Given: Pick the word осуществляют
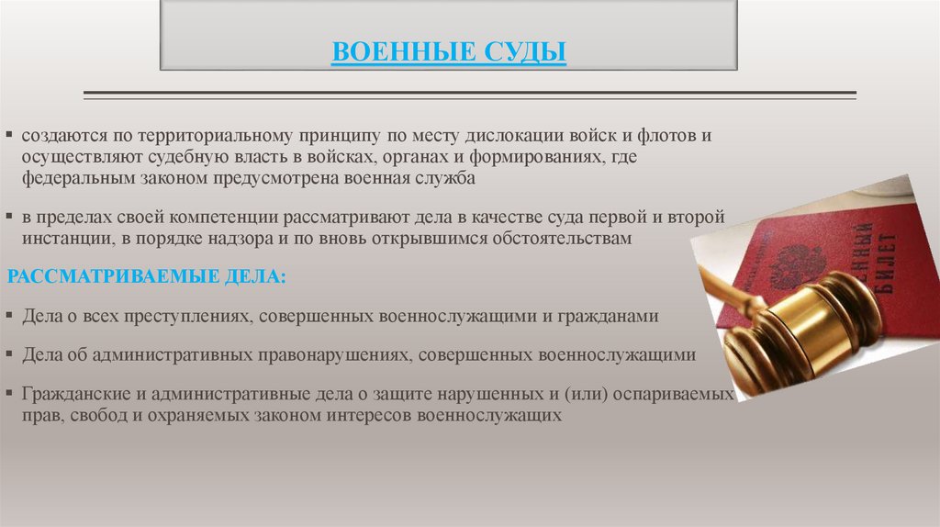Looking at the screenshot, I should click(x=84, y=157).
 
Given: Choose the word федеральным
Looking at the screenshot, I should click(x=78, y=177).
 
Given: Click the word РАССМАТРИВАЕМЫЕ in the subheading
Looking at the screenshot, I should click(x=99, y=276).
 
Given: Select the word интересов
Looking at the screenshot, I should click(x=365, y=414).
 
